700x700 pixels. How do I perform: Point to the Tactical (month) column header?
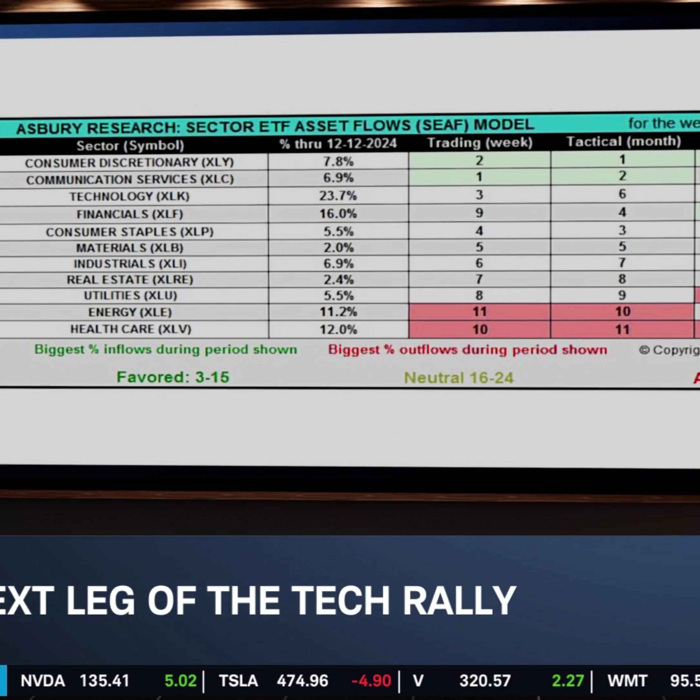click(x=623, y=141)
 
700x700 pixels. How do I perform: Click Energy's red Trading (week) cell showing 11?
click(x=479, y=311)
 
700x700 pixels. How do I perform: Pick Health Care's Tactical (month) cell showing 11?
click(x=622, y=329)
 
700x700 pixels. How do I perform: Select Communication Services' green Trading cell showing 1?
click(x=479, y=177)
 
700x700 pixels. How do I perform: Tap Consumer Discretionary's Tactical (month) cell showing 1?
click(x=622, y=159)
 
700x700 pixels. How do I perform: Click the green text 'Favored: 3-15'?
click(x=173, y=377)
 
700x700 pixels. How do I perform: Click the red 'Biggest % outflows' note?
click(x=467, y=350)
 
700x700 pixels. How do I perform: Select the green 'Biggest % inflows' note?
click(x=166, y=349)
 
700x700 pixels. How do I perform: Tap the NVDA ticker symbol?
click(x=43, y=681)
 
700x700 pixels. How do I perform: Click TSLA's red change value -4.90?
click(x=371, y=681)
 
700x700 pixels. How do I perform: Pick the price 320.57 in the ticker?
click(x=485, y=681)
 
